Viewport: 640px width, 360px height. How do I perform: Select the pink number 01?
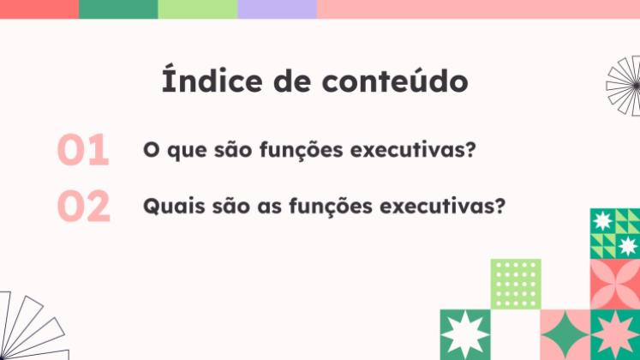(83, 150)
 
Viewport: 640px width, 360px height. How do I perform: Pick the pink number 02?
(84, 207)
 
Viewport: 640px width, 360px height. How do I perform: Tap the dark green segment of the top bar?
(118, 9)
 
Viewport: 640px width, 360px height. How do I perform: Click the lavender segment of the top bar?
(277, 9)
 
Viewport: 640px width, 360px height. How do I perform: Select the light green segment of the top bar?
(197, 9)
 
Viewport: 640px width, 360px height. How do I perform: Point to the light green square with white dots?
(515, 284)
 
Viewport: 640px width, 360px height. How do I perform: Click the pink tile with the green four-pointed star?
(565, 335)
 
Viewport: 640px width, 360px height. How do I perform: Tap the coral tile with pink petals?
(615, 284)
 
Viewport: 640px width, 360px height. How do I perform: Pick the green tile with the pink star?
(615, 335)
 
